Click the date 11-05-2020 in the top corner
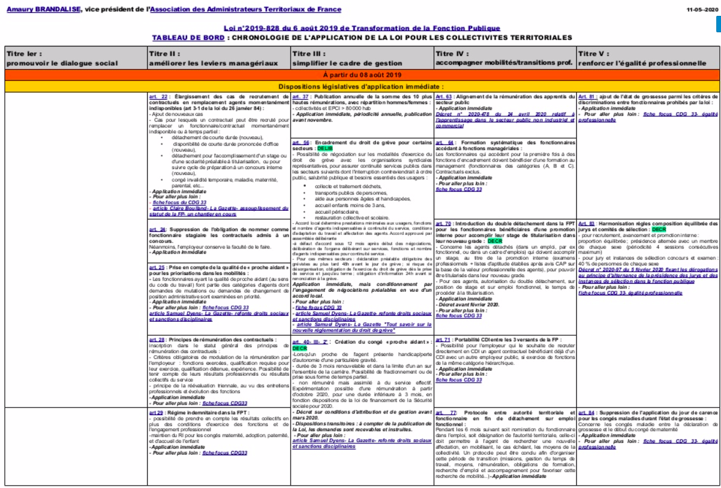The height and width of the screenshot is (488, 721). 702,10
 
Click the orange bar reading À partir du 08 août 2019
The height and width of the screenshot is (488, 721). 360,75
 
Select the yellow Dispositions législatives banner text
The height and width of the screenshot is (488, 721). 360,86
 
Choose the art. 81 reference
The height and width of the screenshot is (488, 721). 587,96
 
